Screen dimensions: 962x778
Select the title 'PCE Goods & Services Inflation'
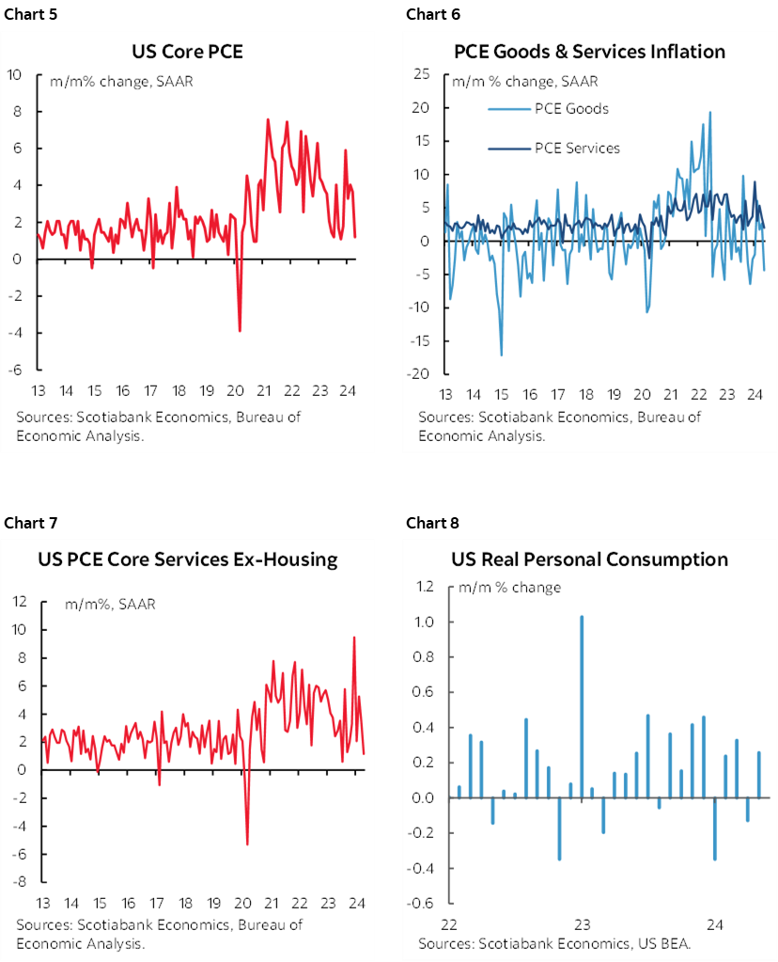point(589,51)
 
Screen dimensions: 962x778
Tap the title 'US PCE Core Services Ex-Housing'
point(187,560)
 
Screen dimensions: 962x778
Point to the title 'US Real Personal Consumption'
point(589,560)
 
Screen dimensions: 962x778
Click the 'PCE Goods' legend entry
point(571,109)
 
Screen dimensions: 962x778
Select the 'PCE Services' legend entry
point(577,148)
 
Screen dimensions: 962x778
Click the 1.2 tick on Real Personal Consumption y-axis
point(426,587)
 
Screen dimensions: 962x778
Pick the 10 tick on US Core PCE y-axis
point(15,74)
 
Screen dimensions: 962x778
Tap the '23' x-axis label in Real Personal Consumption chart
point(582,923)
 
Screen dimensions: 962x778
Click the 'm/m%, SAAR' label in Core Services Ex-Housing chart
point(110,604)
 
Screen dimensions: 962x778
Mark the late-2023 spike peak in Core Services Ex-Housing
point(354,638)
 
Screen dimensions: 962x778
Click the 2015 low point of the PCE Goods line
point(501,355)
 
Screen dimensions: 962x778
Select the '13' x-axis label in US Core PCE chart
point(39,392)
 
